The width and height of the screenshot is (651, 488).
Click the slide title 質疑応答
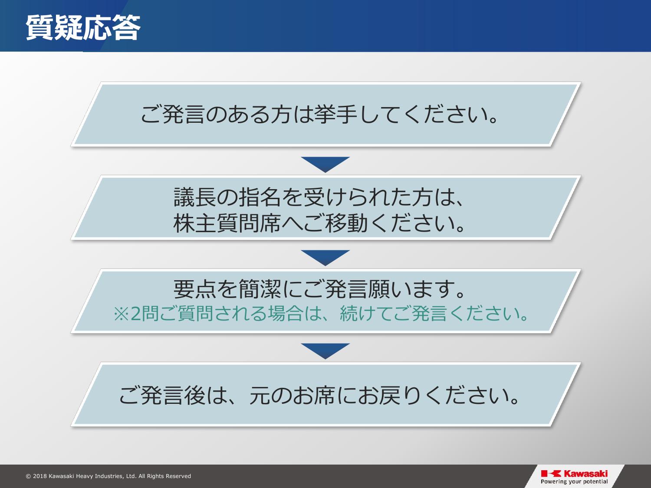[x=83, y=27]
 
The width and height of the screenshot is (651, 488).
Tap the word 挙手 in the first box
[x=335, y=115]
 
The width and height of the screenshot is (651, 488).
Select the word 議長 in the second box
[x=195, y=197]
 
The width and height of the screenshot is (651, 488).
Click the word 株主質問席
[x=227, y=223]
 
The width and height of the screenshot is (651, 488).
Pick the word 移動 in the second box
[x=346, y=223]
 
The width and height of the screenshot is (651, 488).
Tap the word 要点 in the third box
[x=195, y=289]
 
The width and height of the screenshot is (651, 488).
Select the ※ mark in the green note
[x=121, y=314]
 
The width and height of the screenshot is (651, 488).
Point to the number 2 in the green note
[x=135, y=314]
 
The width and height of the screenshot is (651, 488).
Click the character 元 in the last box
[x=260, y=396]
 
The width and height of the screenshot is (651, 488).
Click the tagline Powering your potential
[x=574, y=482]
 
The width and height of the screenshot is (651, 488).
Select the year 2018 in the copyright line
[x=40, y=476]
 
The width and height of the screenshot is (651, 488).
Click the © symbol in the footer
[x=28, y=476]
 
